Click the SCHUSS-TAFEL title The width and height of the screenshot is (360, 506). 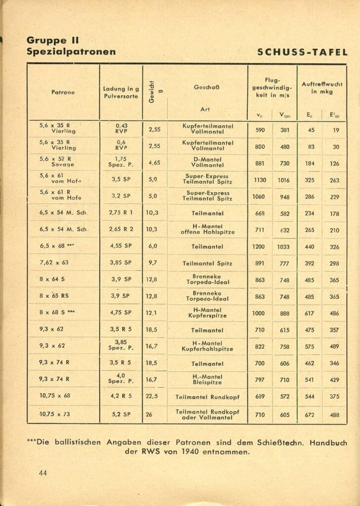click(x=303, y=52)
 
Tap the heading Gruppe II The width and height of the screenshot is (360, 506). click(x=53, y=41)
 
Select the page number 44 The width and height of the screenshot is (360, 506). click(x=43, y=473)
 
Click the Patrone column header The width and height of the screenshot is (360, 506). click(x=63, y=92)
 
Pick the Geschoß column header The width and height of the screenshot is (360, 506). click(x=207, y=87)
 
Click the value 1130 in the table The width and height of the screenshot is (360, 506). click(x=260, y=180)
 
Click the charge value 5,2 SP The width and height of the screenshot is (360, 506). click(x=121, y=415)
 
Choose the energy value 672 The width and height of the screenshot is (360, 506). click(x=310, y=415)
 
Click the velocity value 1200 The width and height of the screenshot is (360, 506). click(x=260, y=247)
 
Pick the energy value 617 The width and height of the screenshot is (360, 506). click(x=310, y=313)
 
